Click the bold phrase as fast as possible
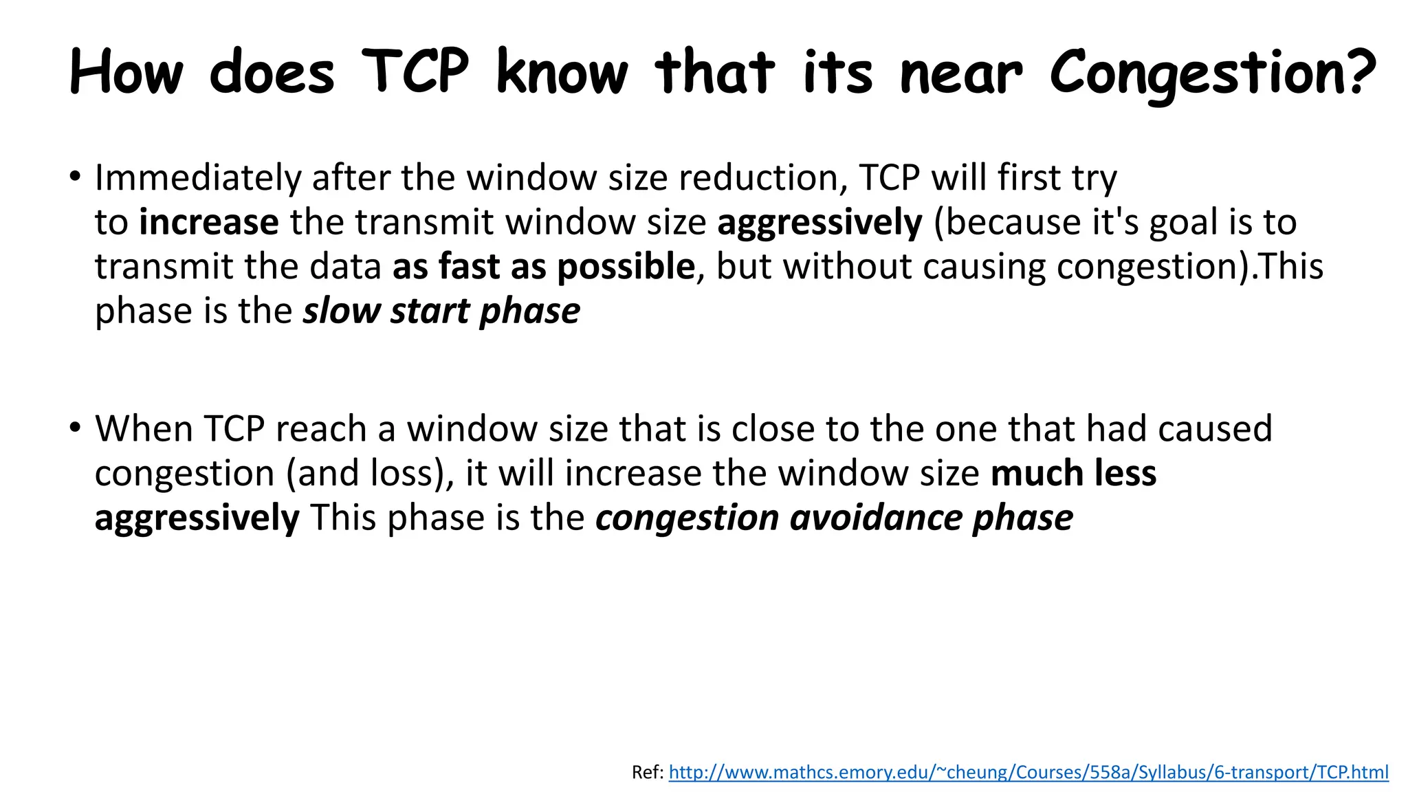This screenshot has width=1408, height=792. [544, 267]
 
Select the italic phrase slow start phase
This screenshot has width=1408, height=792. [442, 311]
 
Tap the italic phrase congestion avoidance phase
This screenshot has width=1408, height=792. [834, 518]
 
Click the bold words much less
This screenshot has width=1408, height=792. [1073, 474]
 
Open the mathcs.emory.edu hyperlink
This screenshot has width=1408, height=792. [1028, 772]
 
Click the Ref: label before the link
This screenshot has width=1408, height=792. [648, 773]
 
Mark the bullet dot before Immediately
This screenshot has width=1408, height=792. [74, 175]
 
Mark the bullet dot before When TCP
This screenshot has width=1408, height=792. [74, 427]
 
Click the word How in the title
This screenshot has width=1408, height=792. [127, 72]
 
